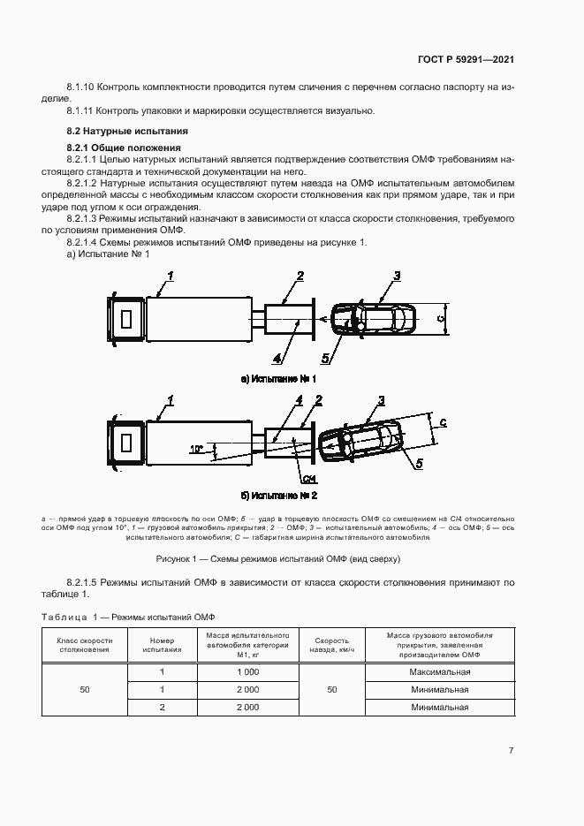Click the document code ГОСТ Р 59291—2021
click(x=466, y=60)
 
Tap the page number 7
click(x=512, y=750)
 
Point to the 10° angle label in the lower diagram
click(x=195, y=450)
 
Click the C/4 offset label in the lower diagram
click(x=308, y=479)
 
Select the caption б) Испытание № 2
click(x=278, y=496)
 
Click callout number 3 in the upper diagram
click(x=397, y=276)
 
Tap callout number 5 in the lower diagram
click(x=419, y=461)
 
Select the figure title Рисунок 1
click(x=278, y=558)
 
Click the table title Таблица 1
click(x=129, y=616)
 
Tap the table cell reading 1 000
click(x=247, y=672)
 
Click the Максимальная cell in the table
click(x=439, y=672)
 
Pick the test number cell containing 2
click(x=162, y=708)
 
